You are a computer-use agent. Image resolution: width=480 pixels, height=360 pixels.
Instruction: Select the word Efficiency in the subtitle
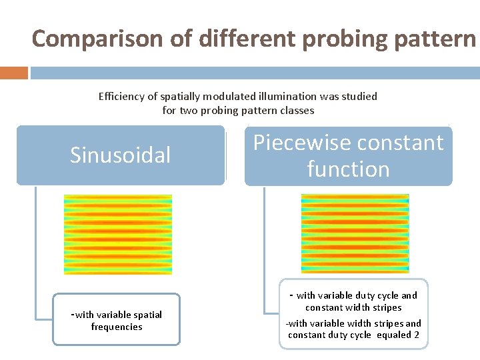121,96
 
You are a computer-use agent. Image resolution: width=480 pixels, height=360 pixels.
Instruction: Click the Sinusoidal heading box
121,155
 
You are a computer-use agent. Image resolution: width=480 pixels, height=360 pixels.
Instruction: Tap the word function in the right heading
348,169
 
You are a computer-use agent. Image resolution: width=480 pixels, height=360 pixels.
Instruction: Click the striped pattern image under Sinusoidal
117,235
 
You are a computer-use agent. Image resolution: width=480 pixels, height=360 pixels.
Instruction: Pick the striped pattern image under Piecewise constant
355,234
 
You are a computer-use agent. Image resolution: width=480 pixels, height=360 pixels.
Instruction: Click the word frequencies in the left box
117,327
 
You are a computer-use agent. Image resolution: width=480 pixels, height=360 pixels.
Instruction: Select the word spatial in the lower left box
147,315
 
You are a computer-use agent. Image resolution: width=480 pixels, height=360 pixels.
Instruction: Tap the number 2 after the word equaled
417,335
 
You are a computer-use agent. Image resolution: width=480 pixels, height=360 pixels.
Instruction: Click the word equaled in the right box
393,335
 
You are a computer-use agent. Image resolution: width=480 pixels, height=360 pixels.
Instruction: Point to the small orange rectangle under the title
14,72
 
